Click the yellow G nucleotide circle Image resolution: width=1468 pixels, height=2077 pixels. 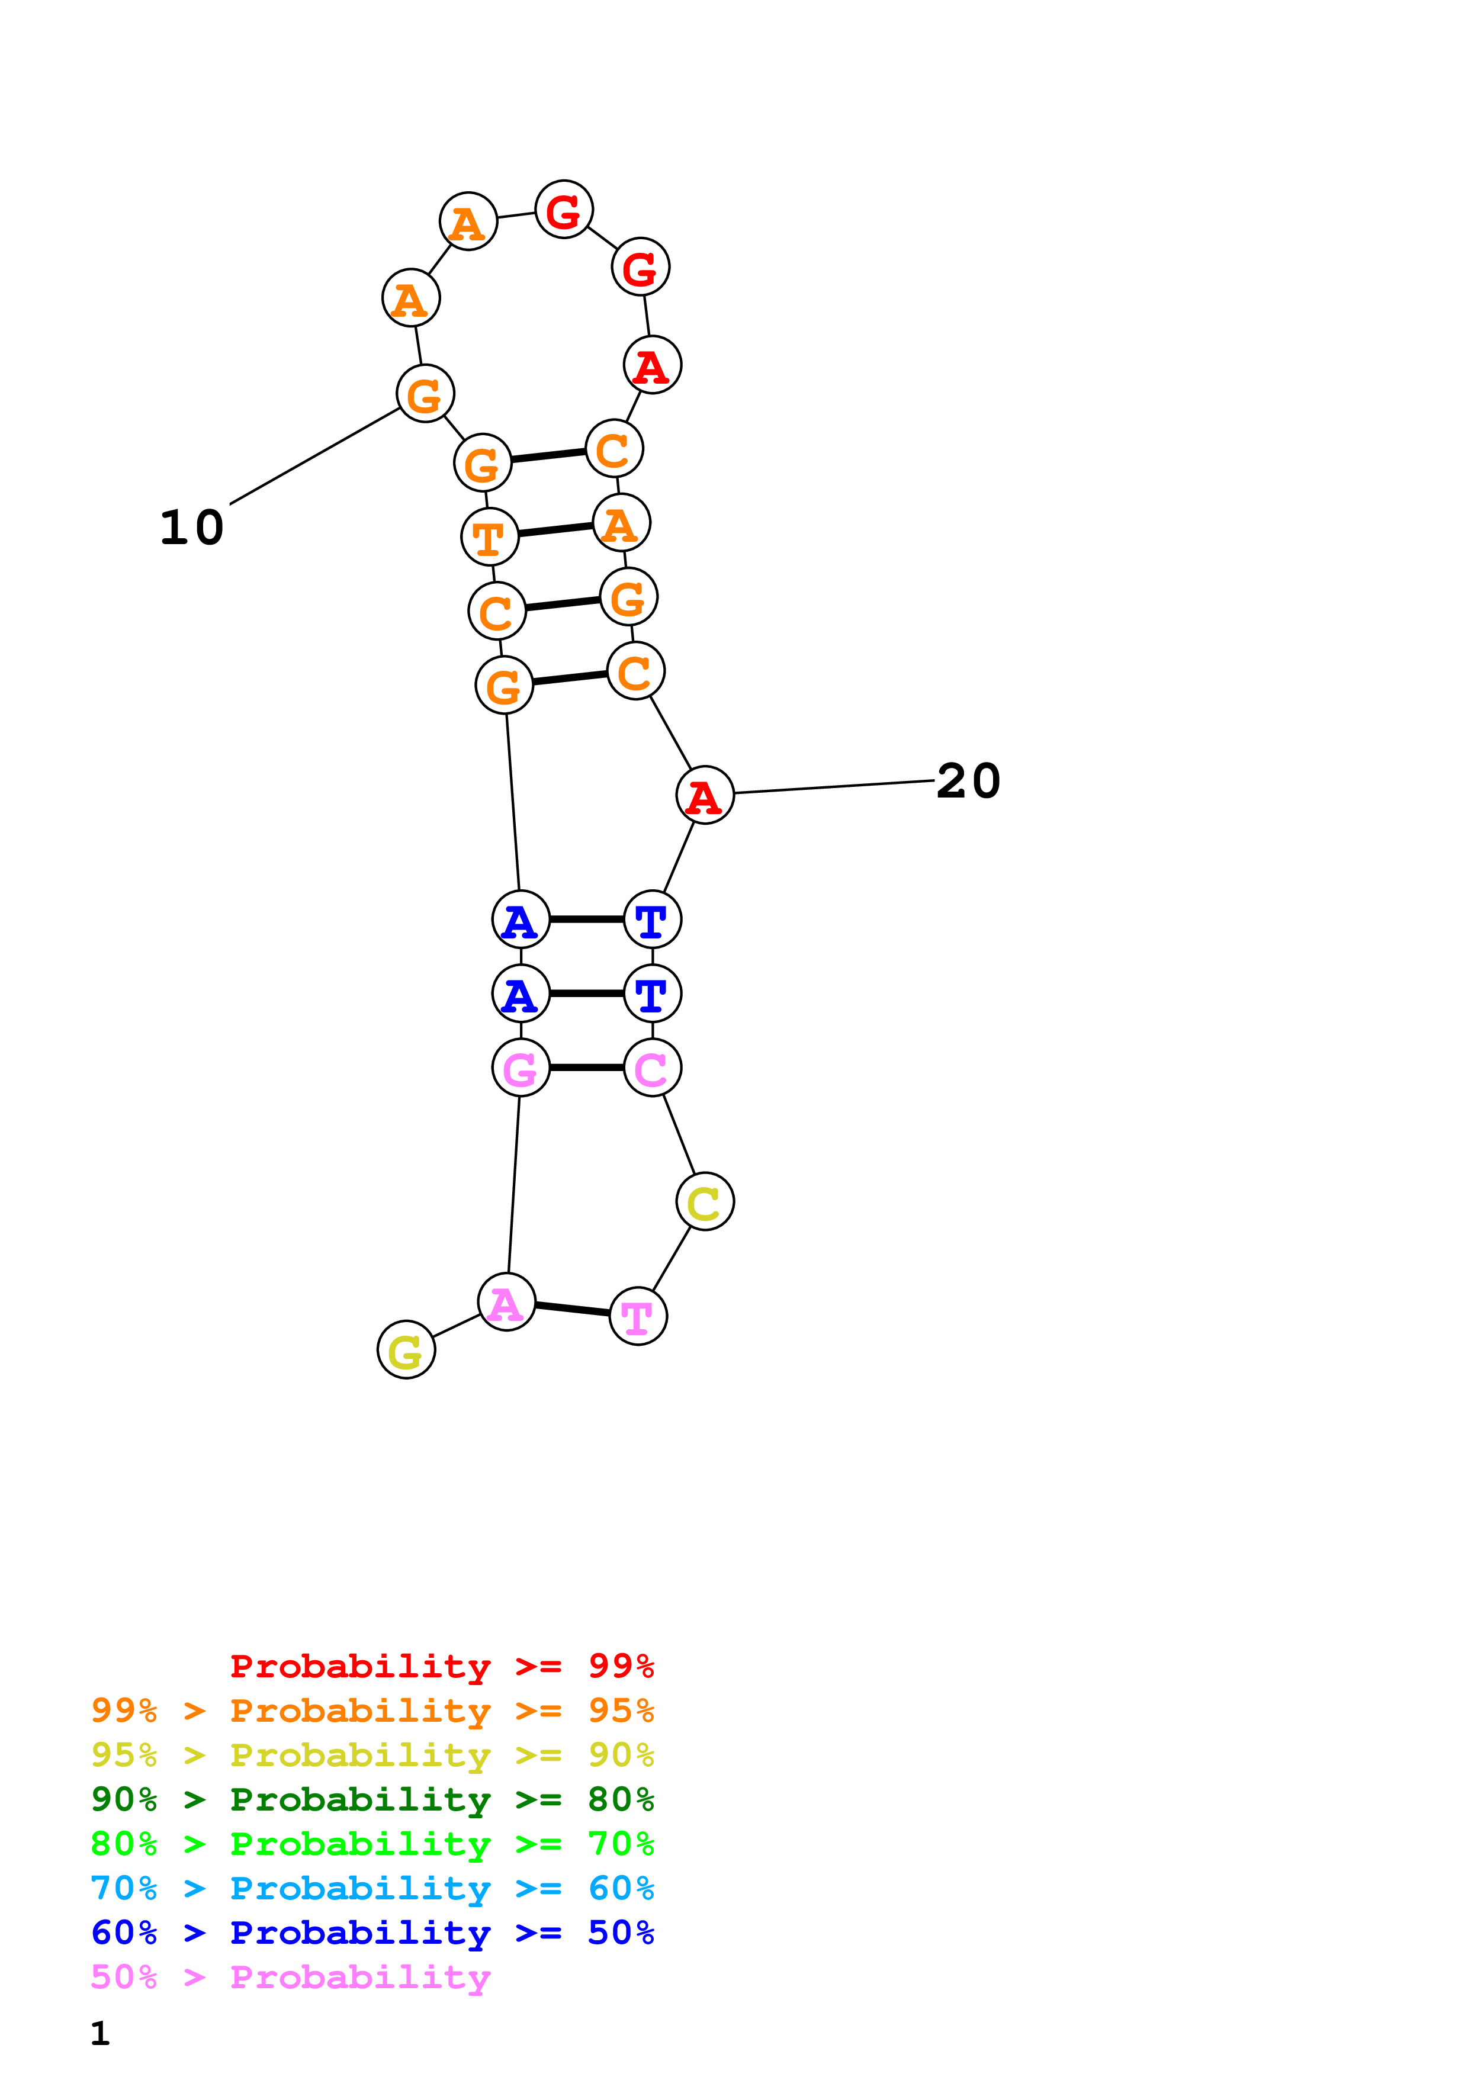pos(406,1350)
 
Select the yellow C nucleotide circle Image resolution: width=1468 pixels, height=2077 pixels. pos(705,1201)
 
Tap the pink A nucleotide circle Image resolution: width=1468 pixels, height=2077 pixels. pos(506,1302)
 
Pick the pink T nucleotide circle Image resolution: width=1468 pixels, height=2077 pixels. pos(638,1316)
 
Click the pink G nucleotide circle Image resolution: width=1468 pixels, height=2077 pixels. pos(521,1068)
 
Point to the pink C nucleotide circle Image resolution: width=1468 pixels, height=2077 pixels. pos(652,1068)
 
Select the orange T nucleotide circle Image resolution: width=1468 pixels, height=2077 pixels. pos(489,536)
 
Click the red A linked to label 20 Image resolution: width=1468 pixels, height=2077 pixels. pos(705,795)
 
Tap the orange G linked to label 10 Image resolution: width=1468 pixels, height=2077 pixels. pos(425,394)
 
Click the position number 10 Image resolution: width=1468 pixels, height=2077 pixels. pos(192,528)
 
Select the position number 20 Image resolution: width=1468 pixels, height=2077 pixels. pos(968,781)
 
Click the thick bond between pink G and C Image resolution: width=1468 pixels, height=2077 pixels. pos(586,1068)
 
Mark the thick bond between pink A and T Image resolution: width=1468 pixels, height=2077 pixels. pos(573,1308)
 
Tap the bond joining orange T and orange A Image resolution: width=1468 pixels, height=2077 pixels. pos(555,530)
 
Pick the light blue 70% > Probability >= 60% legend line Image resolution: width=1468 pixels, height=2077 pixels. pos(372,1888)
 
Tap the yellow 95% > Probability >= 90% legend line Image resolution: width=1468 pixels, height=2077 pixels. pos(372,1754)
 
